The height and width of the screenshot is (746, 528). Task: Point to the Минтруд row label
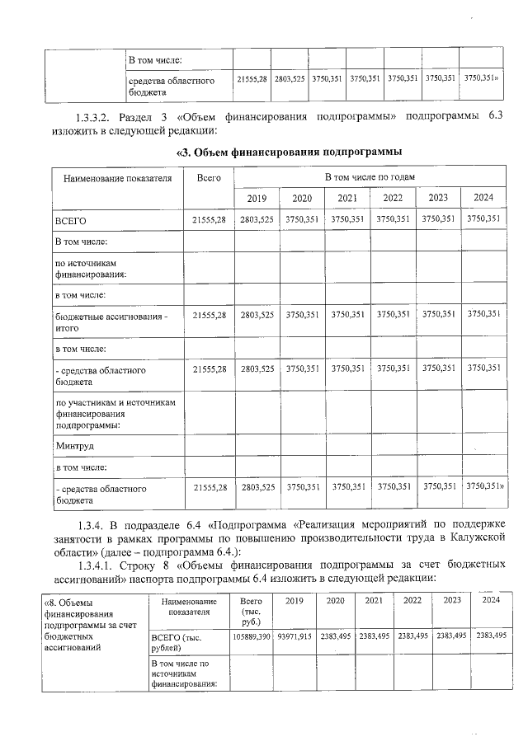tap(75, 446)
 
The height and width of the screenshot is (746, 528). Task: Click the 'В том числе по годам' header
tap(370, 177)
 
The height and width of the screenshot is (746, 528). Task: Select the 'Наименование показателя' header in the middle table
tap(112, 178)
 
